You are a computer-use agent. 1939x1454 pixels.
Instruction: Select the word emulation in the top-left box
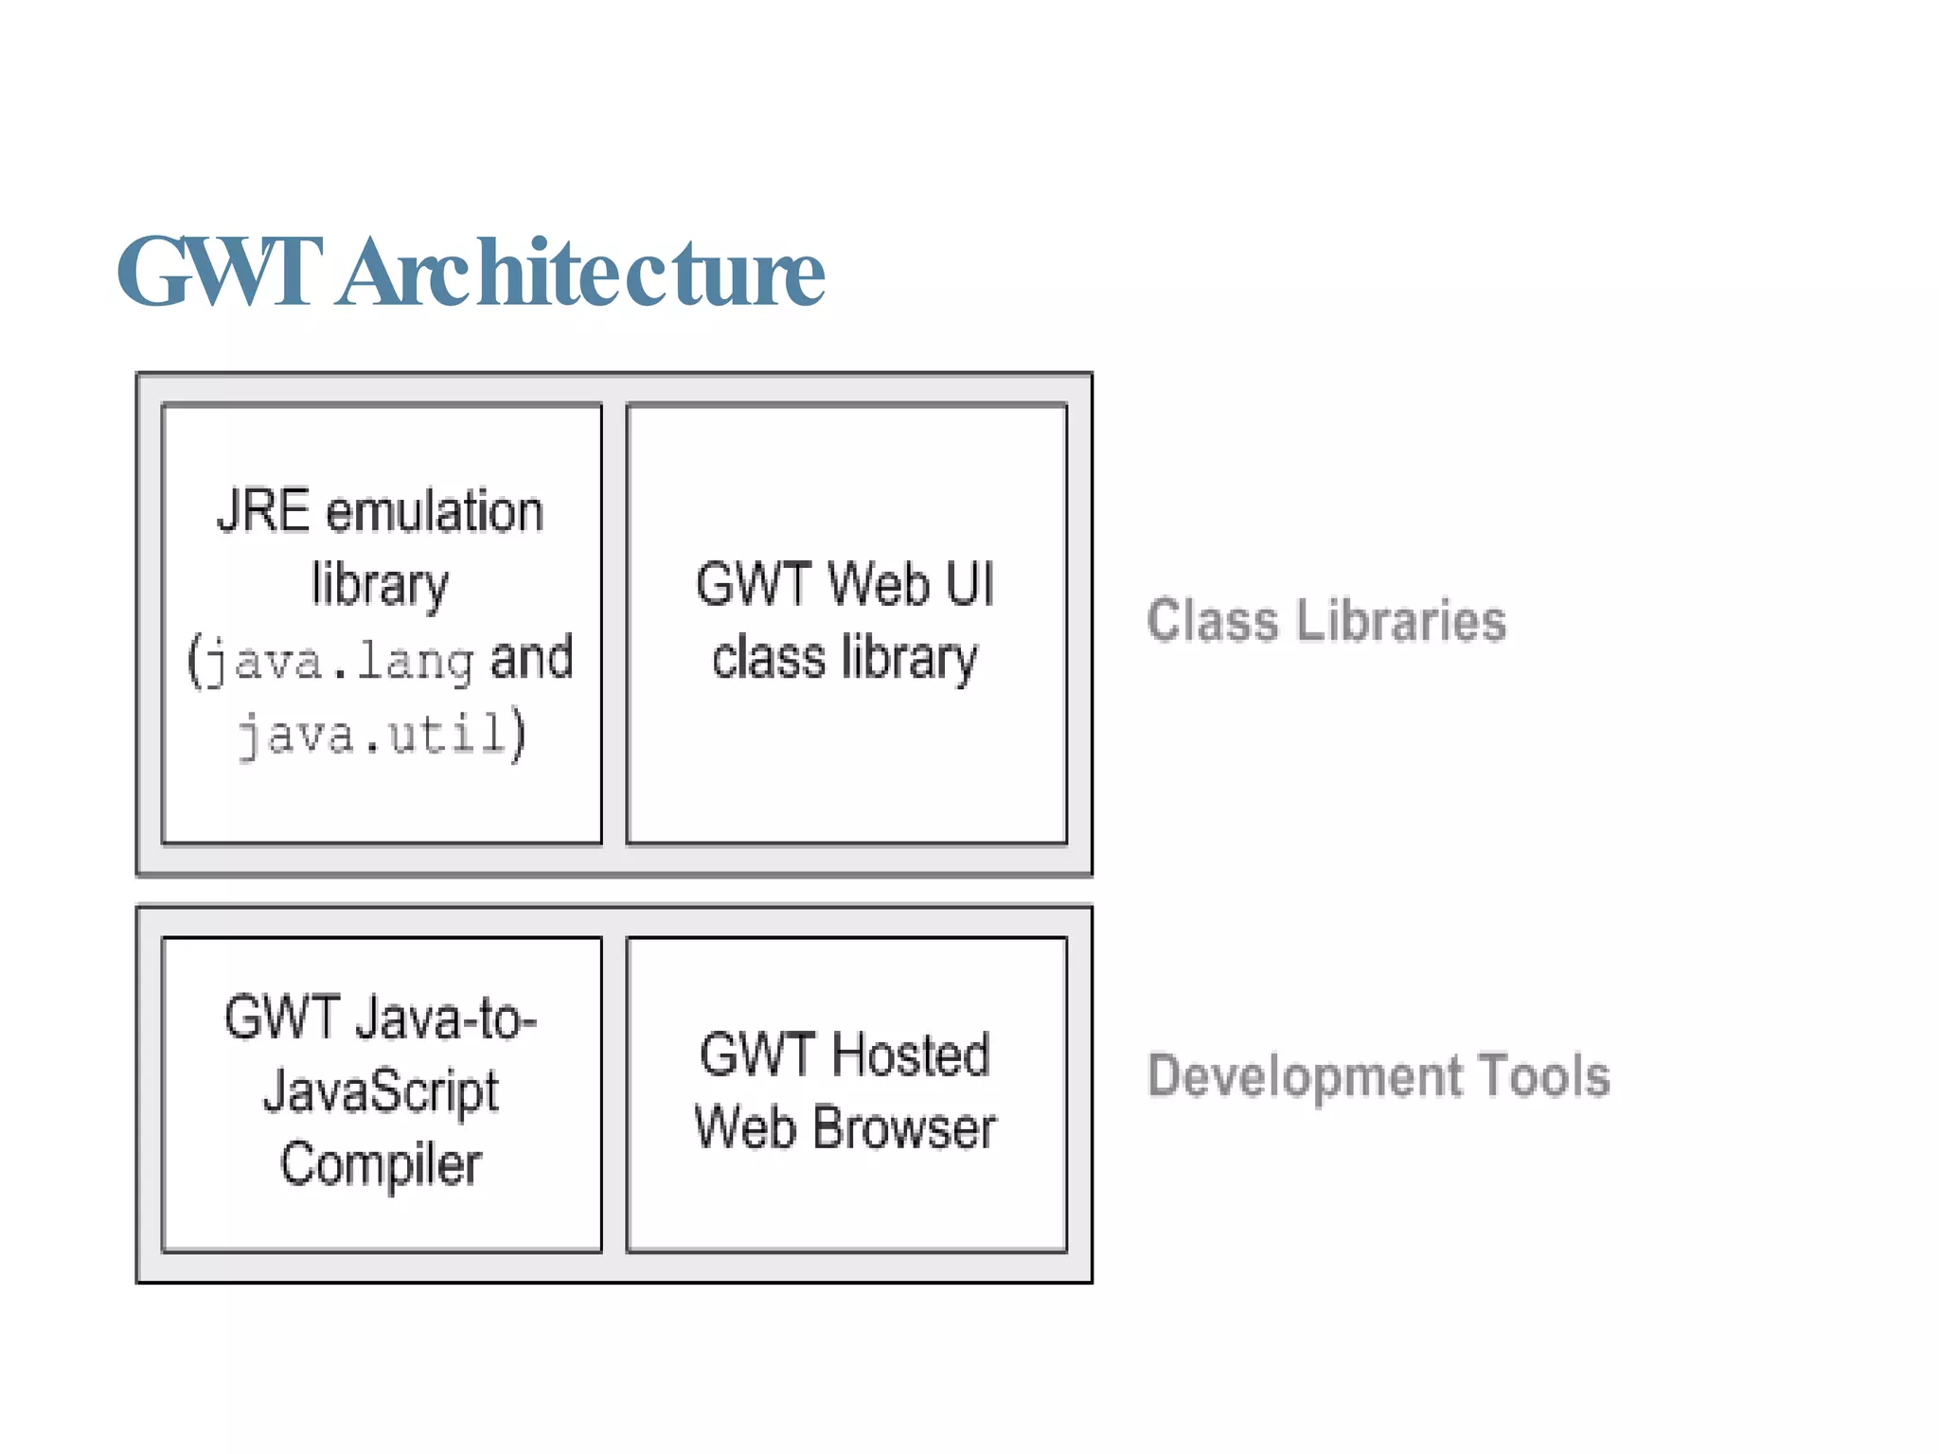(x=435, y=511)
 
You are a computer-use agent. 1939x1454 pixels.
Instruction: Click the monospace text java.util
(x=372, y=735)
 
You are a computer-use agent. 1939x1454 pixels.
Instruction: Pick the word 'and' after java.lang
(x=532, y=658)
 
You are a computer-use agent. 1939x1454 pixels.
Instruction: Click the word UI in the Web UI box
(x=969, y=584)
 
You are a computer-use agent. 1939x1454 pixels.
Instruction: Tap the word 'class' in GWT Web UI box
(x=768, y=658)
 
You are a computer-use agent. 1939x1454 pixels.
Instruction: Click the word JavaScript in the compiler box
(x=381, y=1092)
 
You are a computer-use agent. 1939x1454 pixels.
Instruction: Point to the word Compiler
(x=381, y=1164)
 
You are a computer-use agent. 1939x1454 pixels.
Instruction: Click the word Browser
(x=904, y=1128)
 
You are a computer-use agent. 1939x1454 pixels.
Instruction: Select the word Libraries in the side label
(x=1401, y=621)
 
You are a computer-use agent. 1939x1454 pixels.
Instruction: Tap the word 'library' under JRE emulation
(x=381, y=585)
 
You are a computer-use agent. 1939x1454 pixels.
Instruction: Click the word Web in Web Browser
(x=745, y=1128)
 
